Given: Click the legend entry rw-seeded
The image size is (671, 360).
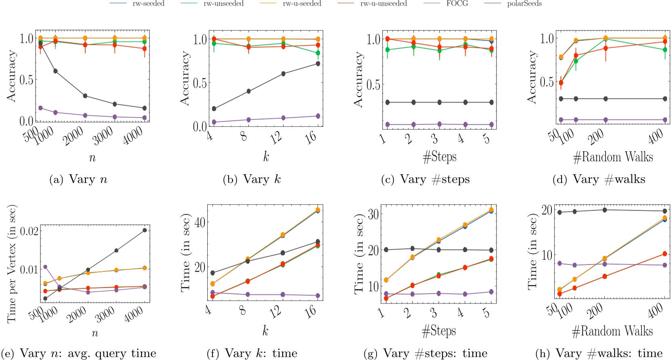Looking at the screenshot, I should pyautogui.click(x=148, y=4).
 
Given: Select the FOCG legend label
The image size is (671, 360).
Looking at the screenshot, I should pyautogui.click(x=457, y=4).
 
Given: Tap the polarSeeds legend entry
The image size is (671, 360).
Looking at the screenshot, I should pyautogui.click(x=524, y=4).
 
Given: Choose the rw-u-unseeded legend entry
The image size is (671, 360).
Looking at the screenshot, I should pyautogui.click(x=383, y=4).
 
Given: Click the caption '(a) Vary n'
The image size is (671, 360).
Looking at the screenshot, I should pyautogui.click(x=78, y=179).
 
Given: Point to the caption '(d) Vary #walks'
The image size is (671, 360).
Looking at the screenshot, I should pyautogui.click(x=599, y=179).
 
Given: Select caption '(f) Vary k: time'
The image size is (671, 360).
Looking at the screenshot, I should pyautogui.click(x=252, y=354).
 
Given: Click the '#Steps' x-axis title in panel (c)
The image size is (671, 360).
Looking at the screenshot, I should pyautogui.click(x=440, y=157).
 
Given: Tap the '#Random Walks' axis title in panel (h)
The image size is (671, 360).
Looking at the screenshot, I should pyautogui.click(x=612, y=331).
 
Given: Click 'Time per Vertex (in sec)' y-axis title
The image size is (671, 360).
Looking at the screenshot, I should pyautogui.click(x=12, y=264).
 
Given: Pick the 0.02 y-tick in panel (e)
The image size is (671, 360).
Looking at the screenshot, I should pyautogui.click(x=29, y=231).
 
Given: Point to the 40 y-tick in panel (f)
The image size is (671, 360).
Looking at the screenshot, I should pyautogui.click(x=200, y=222).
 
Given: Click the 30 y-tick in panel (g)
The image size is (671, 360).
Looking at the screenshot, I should pyautogui.click(x=373, y=214).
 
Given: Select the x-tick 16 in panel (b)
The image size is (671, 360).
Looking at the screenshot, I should pyautogui.click(x=311, y=138).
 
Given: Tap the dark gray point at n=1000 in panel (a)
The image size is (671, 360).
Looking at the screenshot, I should pyautogui.click(x=55, y=71).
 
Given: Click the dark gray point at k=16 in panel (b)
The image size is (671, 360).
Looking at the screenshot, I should pyautogui.click(x=318, y=63).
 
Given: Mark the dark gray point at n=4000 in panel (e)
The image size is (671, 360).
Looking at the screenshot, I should pyautogui.click(x=144, y=230).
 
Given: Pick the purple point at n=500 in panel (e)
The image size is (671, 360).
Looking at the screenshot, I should pyautogui.click(x=45, y=267).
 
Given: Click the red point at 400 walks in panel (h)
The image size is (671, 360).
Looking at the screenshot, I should pyautogui.click(x=665, y=254).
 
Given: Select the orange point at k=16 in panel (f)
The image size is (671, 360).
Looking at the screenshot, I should pyautogui.click(x=318, y=210).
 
